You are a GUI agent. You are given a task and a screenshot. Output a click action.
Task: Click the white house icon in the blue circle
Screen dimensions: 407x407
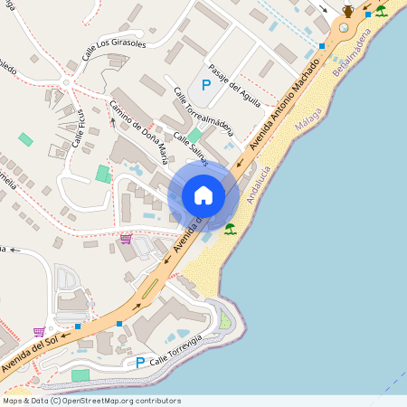pos(203,194)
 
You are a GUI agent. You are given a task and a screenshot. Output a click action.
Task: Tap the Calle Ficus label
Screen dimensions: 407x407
pos(79,126)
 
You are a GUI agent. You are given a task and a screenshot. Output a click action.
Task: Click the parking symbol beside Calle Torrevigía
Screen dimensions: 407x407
pos(139,363)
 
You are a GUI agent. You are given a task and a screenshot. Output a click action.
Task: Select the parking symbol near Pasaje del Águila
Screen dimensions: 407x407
pos(205,85)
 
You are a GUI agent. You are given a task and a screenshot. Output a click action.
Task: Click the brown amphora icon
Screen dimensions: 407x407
pos(348,11)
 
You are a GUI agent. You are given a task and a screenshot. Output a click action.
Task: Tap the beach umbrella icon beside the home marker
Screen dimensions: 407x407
pos(230,229)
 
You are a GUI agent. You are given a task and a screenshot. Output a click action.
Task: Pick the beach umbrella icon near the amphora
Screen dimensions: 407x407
pos(381,11)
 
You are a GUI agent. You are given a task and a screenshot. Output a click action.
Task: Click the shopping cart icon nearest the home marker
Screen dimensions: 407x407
pos(125,239)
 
